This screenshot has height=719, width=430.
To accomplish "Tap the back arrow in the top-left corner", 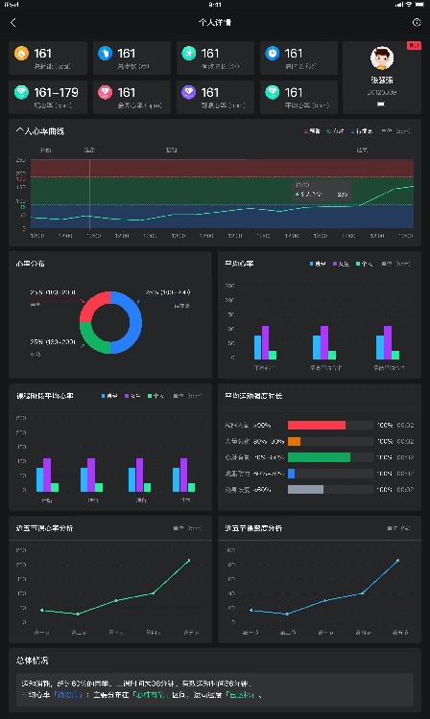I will click(x=12, y=21).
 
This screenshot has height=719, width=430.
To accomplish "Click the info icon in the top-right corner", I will click(x=416, y=21).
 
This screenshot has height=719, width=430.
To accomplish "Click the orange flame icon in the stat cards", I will click(x=21, y=54).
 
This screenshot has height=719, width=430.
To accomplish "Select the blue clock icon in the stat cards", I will click(x=273, y=54).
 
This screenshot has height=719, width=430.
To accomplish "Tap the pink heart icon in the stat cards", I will click(x=106, y=93).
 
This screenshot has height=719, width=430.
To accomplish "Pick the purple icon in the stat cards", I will click(x=189, y=93).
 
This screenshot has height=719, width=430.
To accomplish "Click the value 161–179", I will click(x=56, y=93).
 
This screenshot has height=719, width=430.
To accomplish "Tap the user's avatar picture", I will click(x=382, y=58).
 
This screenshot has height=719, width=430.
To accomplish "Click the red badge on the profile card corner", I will click(x=414, y=45).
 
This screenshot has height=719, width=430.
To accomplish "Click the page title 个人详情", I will click(x=214, y=21).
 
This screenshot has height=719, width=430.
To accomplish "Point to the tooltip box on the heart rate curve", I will click(x=322, y=190).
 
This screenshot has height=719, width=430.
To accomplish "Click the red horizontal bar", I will click(x=316, y=425).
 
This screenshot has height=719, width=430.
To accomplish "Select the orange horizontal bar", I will click(x=294, y=441).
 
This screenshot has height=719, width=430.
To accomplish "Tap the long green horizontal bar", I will click(x=319, y=457).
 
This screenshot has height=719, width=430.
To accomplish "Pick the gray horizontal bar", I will click(x=305, y=490).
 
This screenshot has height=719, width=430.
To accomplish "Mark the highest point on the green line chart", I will click(x=188, y=560).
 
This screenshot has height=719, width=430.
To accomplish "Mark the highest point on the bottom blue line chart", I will click(x=397, y=560).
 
